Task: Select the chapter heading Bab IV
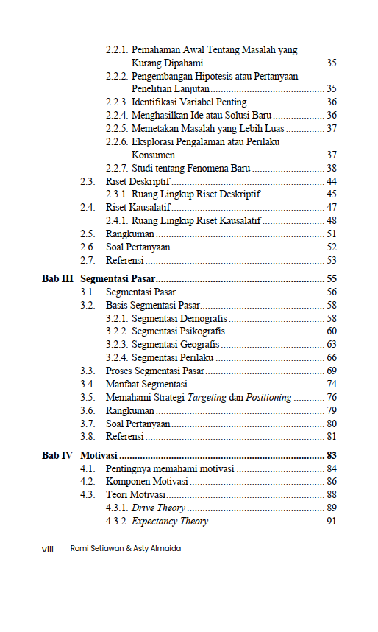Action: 57,456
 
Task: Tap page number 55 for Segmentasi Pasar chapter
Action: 331,279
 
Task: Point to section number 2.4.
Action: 88,208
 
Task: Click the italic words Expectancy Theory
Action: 170,522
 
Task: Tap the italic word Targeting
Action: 207,398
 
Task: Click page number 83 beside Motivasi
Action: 331,456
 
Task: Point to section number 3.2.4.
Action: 117,358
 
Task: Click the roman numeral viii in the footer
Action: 49,549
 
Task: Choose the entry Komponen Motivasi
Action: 147,482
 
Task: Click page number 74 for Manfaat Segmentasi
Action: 331,385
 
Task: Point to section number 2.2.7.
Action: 117,168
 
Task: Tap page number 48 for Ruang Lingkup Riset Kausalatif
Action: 331,221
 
